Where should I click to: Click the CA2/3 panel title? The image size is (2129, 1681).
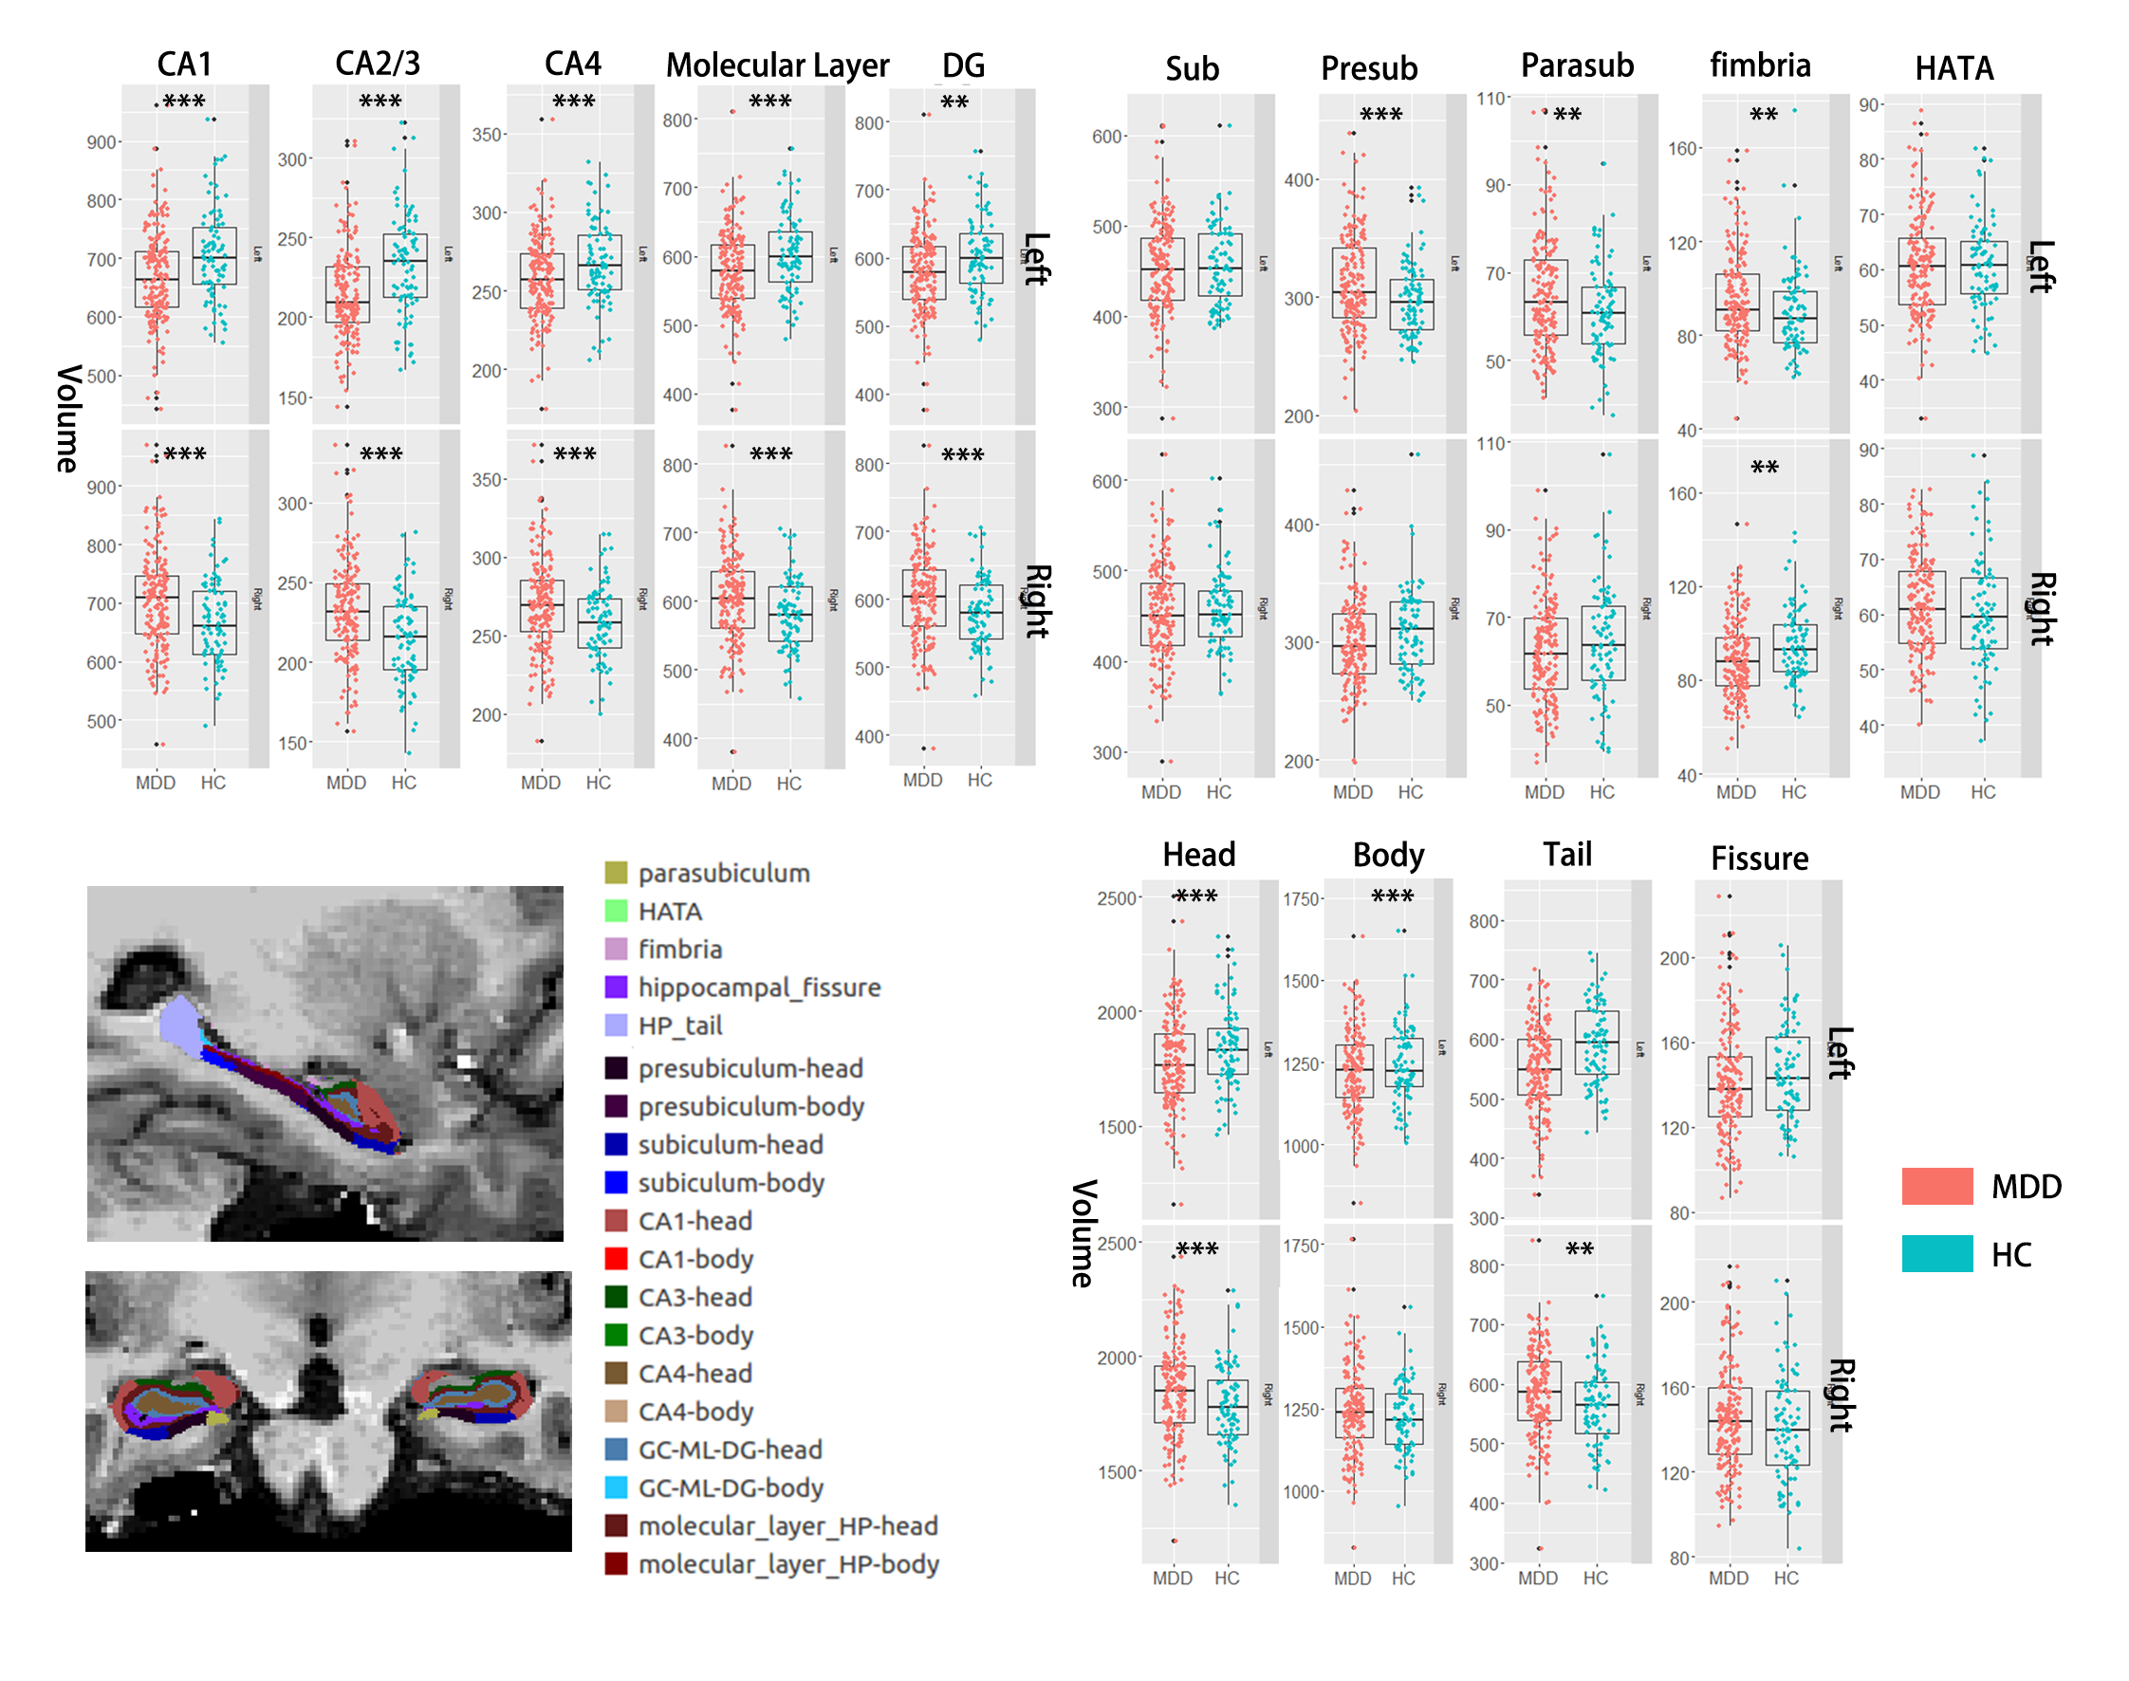(377, 63)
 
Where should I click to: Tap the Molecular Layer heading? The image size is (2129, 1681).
(777, 65)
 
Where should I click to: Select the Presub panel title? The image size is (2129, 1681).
(1368, 68)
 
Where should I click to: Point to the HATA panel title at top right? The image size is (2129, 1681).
(1953, 68)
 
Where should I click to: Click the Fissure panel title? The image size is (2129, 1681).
(1759, 859)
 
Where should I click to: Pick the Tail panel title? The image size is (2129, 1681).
(1567, 855)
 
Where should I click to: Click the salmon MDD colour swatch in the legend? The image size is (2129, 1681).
(1936, 1186)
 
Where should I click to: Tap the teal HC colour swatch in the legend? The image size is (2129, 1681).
(1936, 1254)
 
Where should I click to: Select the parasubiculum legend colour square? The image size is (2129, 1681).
(616, 873)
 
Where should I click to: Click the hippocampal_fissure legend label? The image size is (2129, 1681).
(759, 988)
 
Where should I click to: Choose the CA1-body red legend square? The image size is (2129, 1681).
(616, 1259)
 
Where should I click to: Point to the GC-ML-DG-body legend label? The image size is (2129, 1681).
(731, 1487)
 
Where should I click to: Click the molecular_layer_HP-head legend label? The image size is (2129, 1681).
(787, 1525)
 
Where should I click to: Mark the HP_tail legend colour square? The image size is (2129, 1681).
(616, 1025)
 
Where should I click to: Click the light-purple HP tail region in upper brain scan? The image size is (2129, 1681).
(178, 1025)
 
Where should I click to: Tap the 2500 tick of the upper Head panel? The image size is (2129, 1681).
(1118, 898)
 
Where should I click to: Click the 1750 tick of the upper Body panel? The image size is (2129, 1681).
(1302, 898)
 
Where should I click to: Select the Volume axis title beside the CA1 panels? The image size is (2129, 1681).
(68, 418)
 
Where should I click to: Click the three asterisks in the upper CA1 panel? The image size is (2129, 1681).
(184, 102)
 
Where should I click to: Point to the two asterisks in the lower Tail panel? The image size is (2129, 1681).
(1579, 1249)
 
